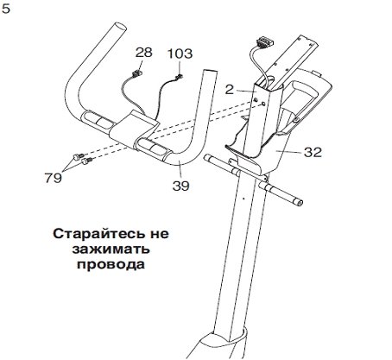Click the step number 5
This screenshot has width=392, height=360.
coord(5,9)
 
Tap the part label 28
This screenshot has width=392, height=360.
coord(143,53)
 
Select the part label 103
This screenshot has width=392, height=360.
coord(180,54)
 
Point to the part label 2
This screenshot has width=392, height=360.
coord(229,90)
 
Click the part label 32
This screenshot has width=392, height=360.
coord(313,152)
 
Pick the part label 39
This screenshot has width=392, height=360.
coord(180,186)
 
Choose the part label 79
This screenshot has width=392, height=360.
coord(53,178)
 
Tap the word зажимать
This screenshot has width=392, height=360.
coord(111,249)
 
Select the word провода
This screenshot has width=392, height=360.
coord(111,264)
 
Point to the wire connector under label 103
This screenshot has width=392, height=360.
coord(180,77)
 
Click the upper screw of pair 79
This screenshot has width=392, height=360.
coord(78,156)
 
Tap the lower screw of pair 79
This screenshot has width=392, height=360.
coord(86,161)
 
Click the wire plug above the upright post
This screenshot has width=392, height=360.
coord(264,41)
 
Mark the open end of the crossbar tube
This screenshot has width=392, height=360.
coord(300,203)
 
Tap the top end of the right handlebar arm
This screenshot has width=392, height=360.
coord(210,72)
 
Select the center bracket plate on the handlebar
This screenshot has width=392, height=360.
coord(134,127)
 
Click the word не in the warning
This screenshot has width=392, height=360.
coord(159,233)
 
